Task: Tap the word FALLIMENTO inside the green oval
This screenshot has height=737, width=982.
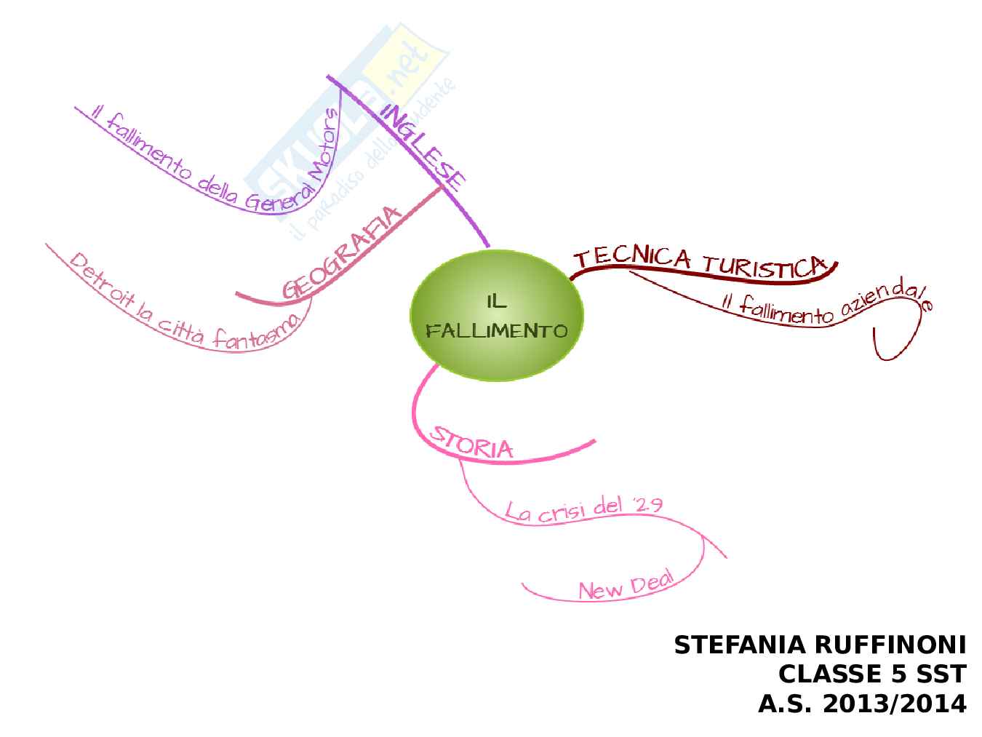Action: pyautogui.click(x=497, y=332)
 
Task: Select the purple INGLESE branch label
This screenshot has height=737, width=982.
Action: pyautogui.click(x=423, y=146)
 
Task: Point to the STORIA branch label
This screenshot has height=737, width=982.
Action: pyautogui.click(x=471, y=442)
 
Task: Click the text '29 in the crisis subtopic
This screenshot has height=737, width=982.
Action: pyautogui.click(x=647, y=503)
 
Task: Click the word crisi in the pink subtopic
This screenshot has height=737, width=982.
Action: pyautogui.click(x=561, y=509)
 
